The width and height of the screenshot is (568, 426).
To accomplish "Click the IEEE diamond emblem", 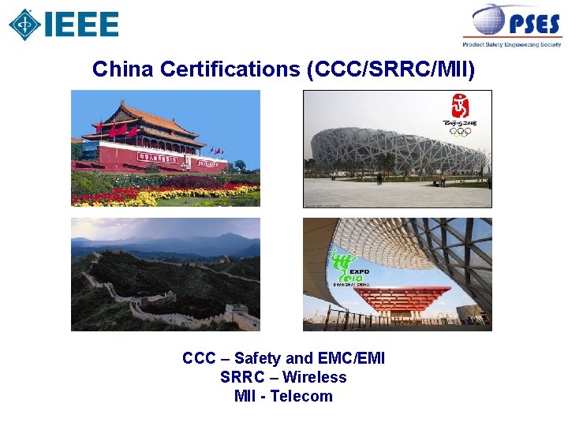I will [24, 24].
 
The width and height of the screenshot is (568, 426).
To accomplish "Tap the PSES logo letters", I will [533, 24].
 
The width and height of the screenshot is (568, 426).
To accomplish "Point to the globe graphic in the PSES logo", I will [489, 20].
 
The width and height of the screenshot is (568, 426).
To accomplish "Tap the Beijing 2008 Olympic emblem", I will [459, 115].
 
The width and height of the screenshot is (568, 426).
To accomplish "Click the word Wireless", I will [315, 377].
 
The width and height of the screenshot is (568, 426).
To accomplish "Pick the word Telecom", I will [301, 396].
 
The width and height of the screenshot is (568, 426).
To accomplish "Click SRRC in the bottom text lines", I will [241, 377].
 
